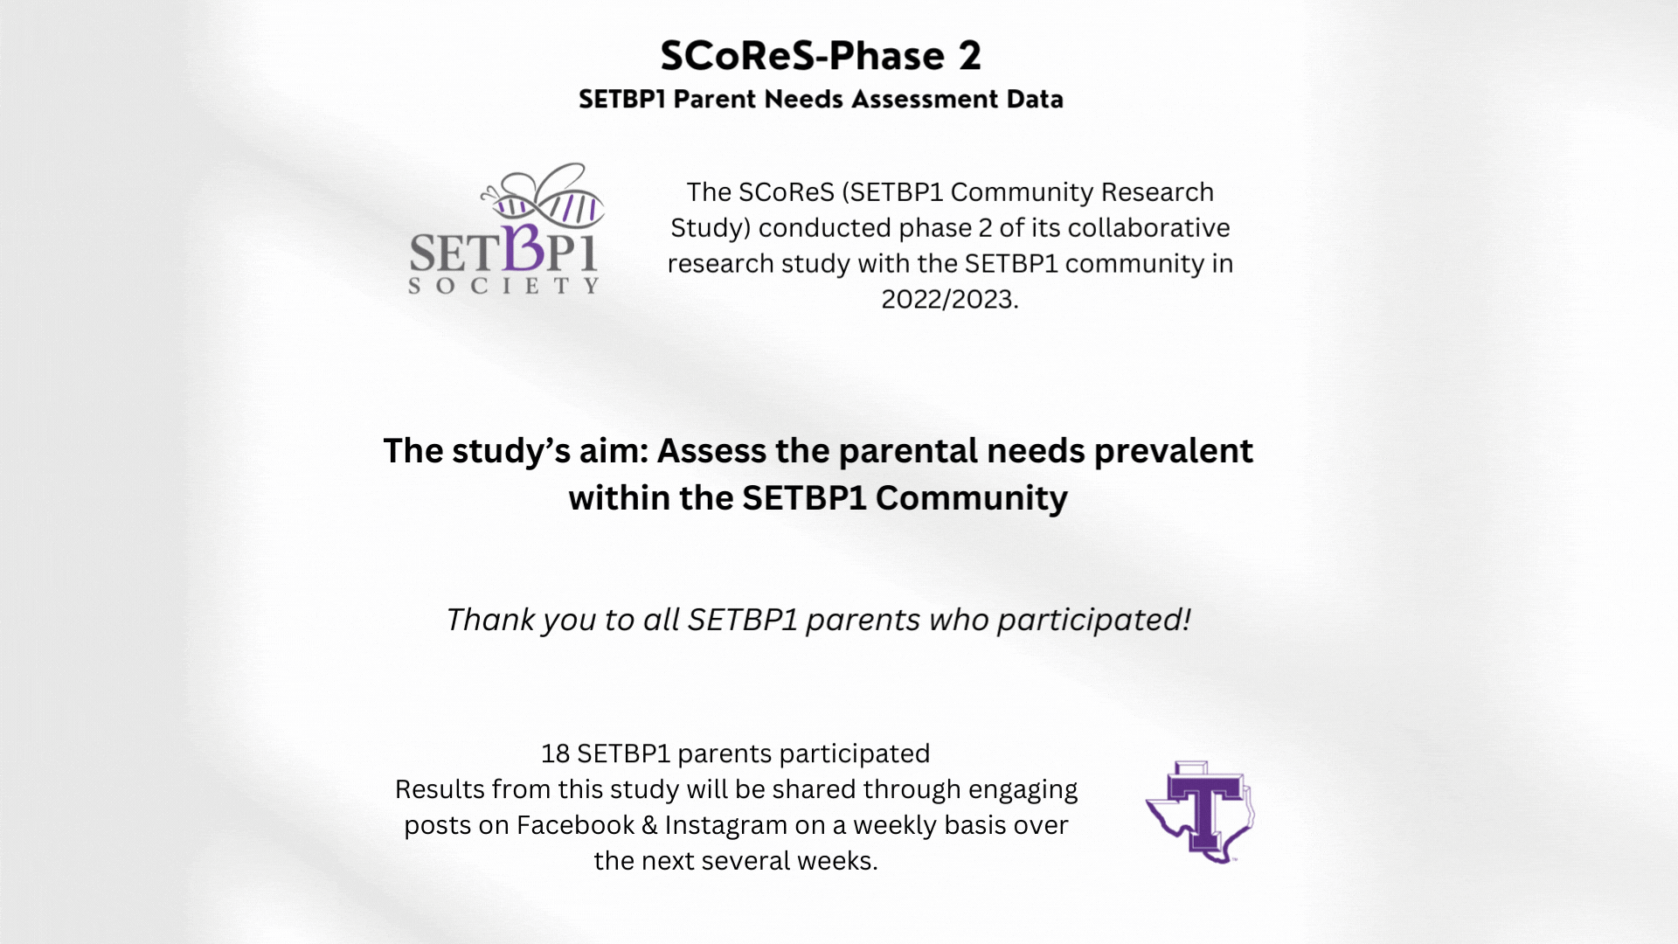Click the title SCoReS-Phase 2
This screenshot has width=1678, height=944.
(x=821, y=56)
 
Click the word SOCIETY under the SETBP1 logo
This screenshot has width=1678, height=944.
(x=504, y=286)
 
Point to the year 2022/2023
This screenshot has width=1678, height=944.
(x=949, y=300)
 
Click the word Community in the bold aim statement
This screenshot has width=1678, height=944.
(x=971, y=498)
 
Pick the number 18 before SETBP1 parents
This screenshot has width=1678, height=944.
(x=555, y=753)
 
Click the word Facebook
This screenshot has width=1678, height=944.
(x=575, y=825)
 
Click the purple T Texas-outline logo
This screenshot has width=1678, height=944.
(x=1201, y=812)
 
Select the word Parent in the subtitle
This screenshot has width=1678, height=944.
(x=714, y=100)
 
